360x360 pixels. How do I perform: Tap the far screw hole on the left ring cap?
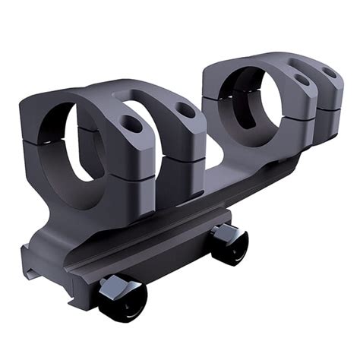[x=185, y=110]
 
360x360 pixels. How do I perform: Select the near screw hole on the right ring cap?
[x=302, y=79]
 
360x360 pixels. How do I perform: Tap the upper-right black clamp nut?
[x=229, y=243]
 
